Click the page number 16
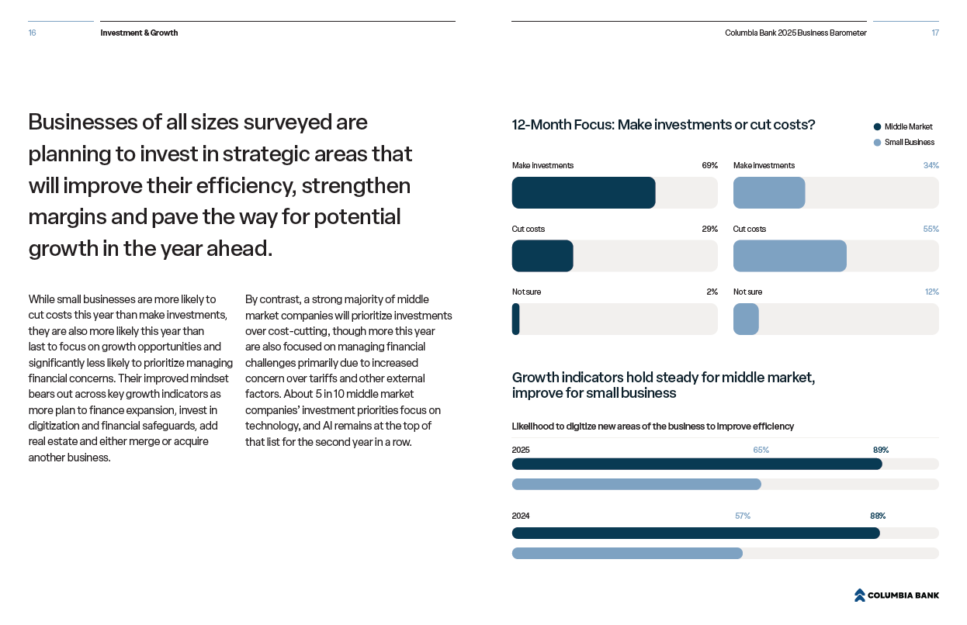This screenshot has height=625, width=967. [x=32, y=33]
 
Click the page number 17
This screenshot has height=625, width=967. [x=935, y=33]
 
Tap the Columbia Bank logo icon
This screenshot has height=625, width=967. [x=859, y=595]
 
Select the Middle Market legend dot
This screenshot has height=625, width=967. [x=877, y=127]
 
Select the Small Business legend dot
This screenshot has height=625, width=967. [x=877, y=143]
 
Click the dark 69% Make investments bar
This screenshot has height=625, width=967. [x=583, y=193]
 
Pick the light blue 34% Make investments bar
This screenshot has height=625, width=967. [x=768, y=193]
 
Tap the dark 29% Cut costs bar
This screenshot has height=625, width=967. [x=542, y=256]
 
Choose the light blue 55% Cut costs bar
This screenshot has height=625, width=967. [x=789, y=256]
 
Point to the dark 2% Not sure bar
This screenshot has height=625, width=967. [x=515, y=319]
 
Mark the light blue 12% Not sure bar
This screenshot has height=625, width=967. [x=746, y=319]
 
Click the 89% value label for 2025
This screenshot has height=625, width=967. [x=880, y=450]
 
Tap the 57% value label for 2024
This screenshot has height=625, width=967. [x=742, y=516]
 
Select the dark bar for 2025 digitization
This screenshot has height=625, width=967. [x=696, y=464]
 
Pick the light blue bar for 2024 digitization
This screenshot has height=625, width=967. [x=626, y=553]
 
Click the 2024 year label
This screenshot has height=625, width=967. [x=520, y=516]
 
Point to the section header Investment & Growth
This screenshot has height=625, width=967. [x=139, y=33]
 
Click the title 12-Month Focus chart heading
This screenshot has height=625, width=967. [x=663, y=125]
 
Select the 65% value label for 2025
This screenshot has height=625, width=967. [x=761, y=450]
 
